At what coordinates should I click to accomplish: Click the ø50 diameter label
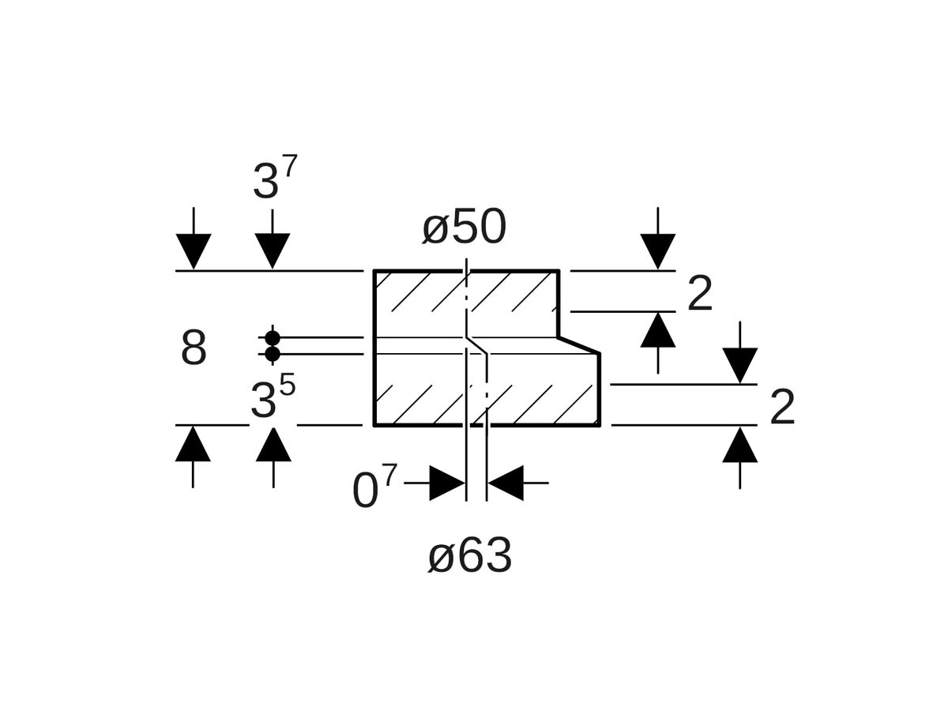coord(465,228)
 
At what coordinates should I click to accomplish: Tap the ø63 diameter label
coord(470,557)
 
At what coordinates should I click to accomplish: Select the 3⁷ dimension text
coord(274,180)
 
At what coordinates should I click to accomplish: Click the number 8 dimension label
coord(194,348)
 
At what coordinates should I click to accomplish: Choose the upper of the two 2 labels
coord(700,295)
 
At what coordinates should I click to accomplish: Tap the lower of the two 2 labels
coord(781,408)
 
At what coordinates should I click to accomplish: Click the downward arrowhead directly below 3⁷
coord(273,250)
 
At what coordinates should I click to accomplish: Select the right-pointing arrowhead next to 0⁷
coord(447,483)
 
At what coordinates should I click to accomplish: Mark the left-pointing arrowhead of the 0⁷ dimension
coord(506,483)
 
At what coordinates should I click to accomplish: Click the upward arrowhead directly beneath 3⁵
coord(273,444)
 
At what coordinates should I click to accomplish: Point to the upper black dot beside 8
coord(273,338)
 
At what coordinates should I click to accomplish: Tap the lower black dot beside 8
coord(273,354)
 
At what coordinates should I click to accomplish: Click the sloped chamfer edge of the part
coord(579,345)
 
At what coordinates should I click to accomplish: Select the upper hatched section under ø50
coord(466,304)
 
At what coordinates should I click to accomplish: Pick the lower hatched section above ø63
coord(486,389)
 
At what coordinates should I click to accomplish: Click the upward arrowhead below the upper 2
coord(658,330)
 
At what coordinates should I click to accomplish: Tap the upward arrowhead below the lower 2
coord(740,445)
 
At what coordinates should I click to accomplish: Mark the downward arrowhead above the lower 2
coord(740,365)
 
